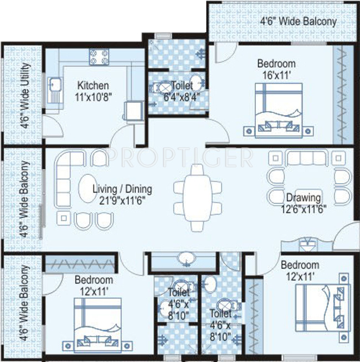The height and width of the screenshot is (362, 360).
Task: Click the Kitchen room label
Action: tap(93, 86)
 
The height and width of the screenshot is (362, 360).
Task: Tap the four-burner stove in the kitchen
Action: tap(99, 57)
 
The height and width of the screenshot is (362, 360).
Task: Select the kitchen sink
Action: tap(54, 90)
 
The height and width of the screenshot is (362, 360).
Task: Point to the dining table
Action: tap(197, 198)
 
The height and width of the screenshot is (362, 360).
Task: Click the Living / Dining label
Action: tap(122, 189)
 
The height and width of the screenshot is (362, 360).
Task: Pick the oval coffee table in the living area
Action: tap(88, 189)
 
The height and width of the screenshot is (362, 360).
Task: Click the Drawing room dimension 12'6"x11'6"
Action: tap(304, 210)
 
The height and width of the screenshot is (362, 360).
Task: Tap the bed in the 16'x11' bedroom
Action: tap(279, 111)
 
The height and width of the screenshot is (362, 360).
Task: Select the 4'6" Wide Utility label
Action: tap(24, 95)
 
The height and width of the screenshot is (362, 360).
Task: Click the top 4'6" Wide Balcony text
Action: tap(298, 22)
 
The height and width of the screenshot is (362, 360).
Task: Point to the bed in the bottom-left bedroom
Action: tap(97, 325)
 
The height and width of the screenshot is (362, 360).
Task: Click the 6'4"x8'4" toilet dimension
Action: tap(181, 97)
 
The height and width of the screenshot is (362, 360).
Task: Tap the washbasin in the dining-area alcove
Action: tap(186, 259)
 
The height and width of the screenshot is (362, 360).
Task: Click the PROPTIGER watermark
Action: tap(180, 158)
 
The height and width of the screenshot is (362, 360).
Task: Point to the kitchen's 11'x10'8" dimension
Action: tap(93, 97)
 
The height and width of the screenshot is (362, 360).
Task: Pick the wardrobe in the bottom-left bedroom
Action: tap(80, 264)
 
